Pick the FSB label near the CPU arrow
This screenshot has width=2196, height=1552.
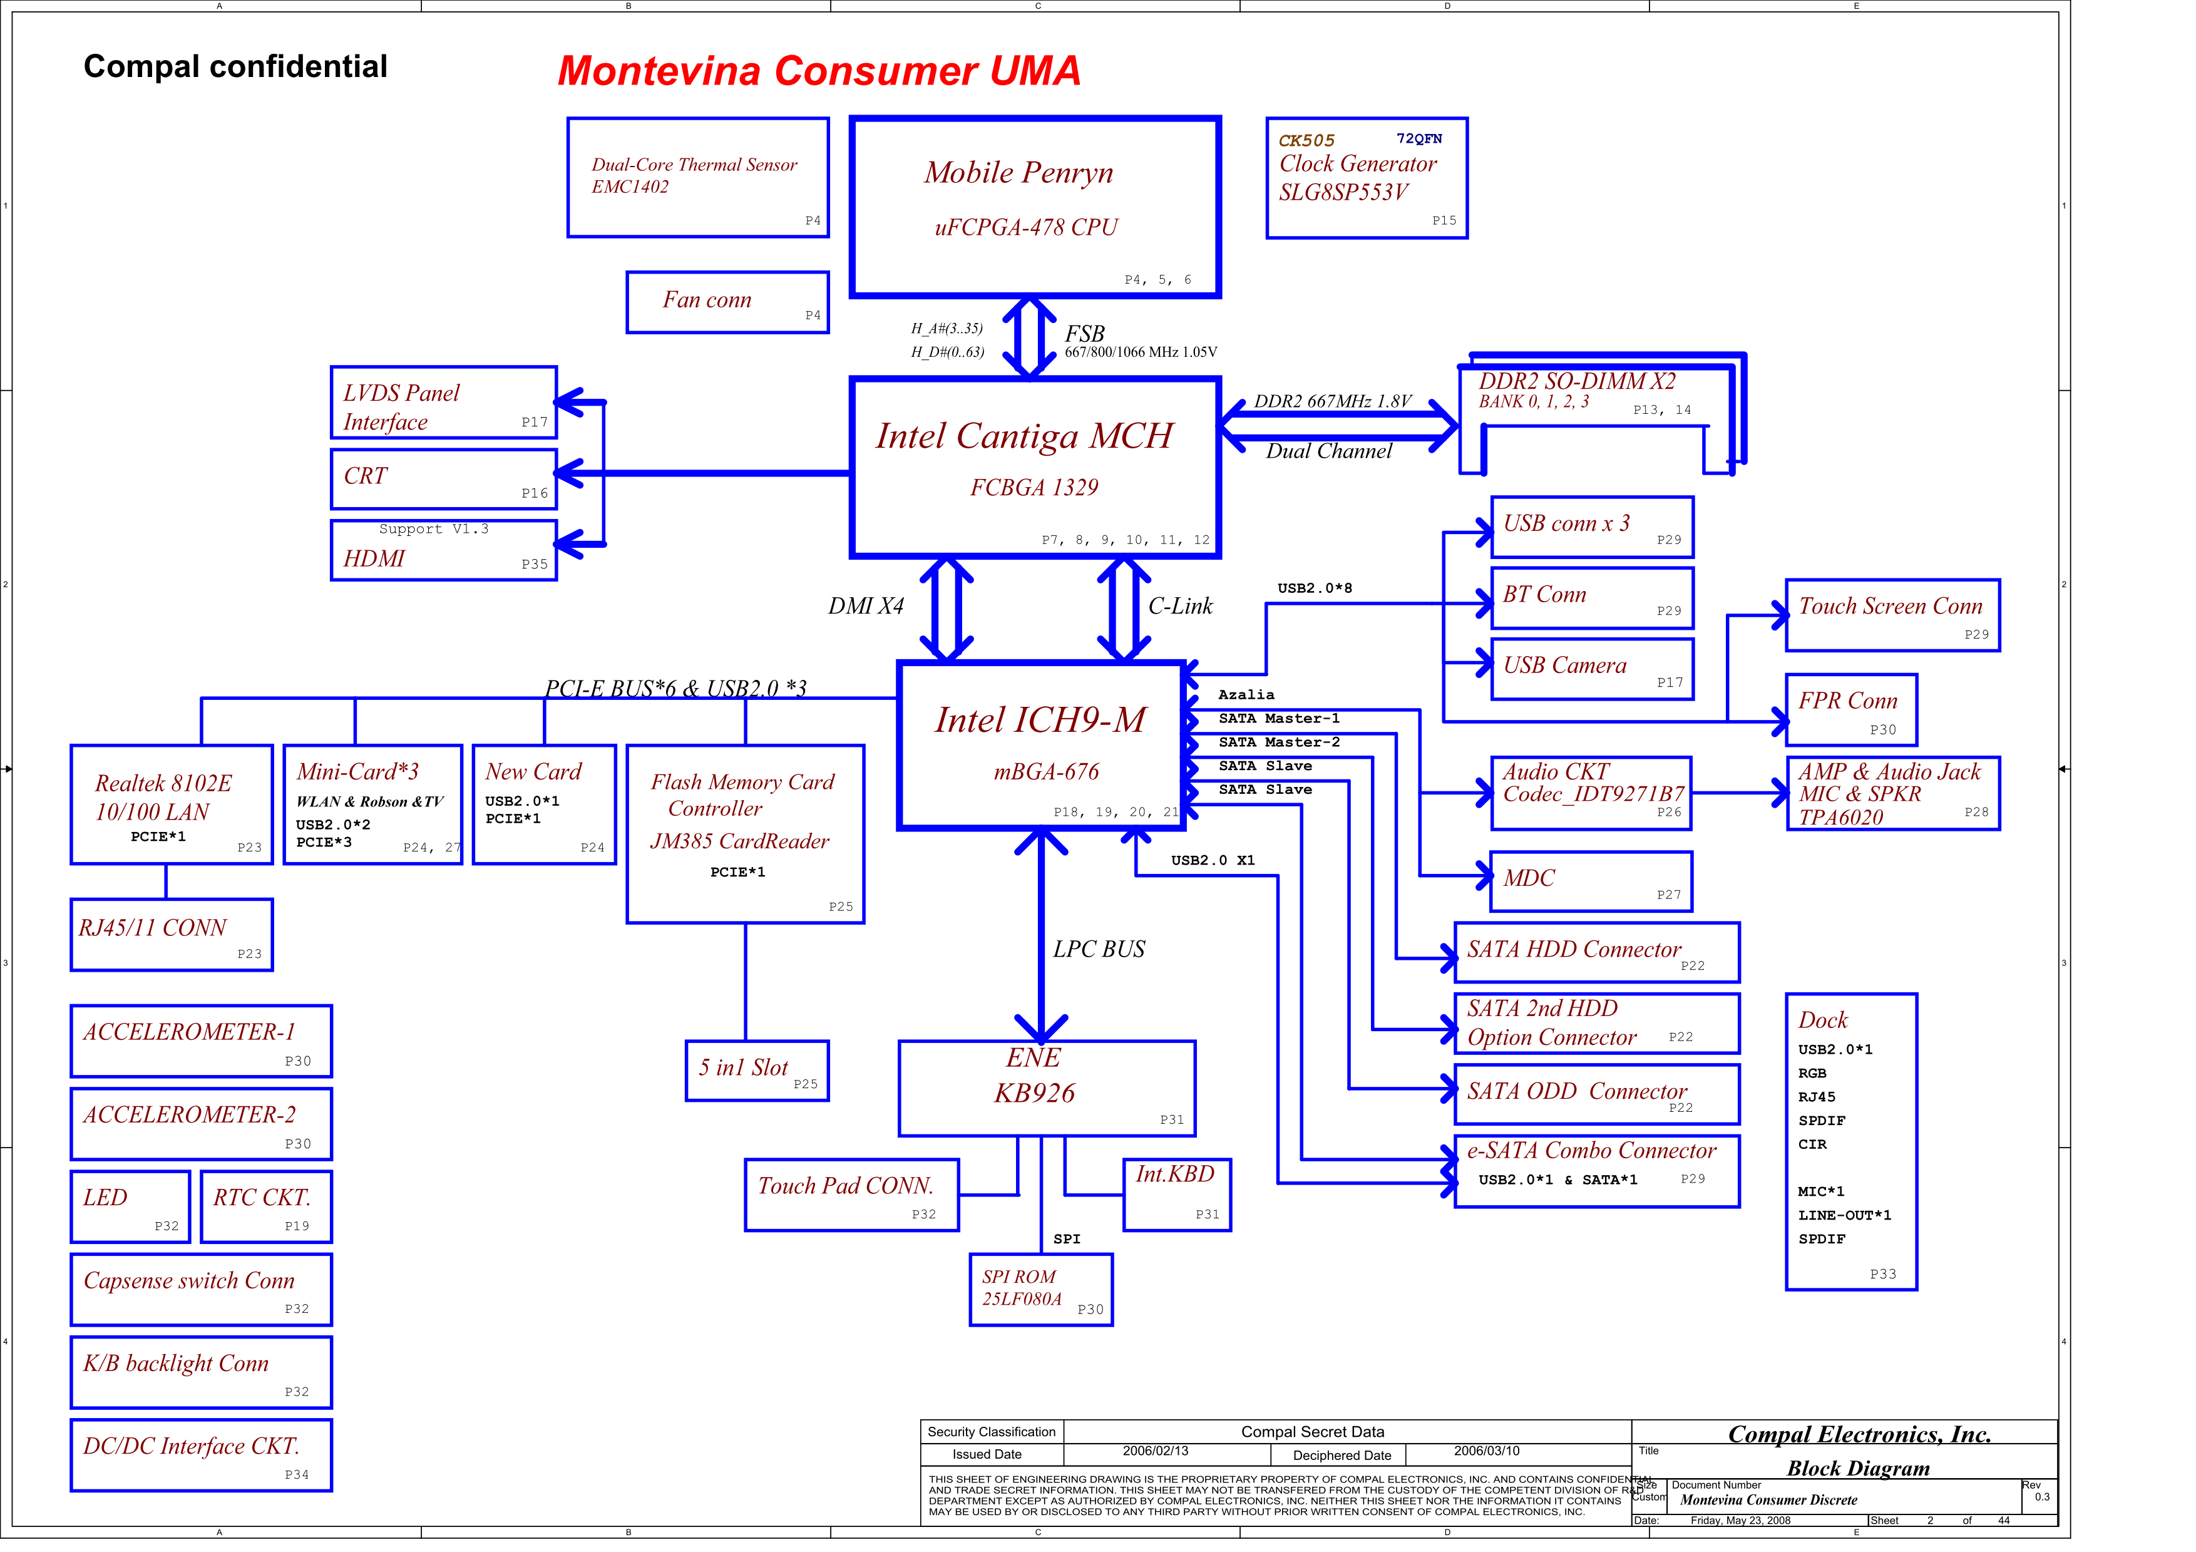point(1085,334)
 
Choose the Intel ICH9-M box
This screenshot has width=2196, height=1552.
point(1040,745)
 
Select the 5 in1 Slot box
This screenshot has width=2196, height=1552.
point(757,1071)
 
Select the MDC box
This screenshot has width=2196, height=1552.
point(1591,881)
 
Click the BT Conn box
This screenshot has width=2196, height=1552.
point(1591,598)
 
